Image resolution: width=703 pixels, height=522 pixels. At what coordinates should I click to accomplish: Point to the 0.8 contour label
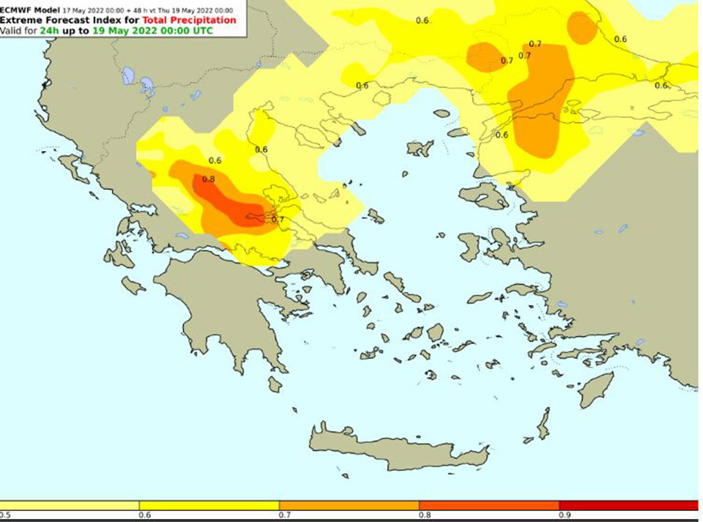pyautogui.click(x=208, y=179)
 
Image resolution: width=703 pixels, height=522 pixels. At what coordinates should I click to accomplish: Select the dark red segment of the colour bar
pyautogui.click(x=628, y=505)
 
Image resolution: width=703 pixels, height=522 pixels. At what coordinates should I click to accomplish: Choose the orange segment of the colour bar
pyautogui.click(x=349, y=505)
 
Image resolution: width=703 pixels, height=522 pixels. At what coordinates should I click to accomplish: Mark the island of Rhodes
pyautogui.click(x=595, y=389)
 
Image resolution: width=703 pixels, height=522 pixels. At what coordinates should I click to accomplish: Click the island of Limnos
pyautogui.click(x=420, y=149)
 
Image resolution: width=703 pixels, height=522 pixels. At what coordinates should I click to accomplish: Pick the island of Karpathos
pyautogui.click(x=543, y=425)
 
